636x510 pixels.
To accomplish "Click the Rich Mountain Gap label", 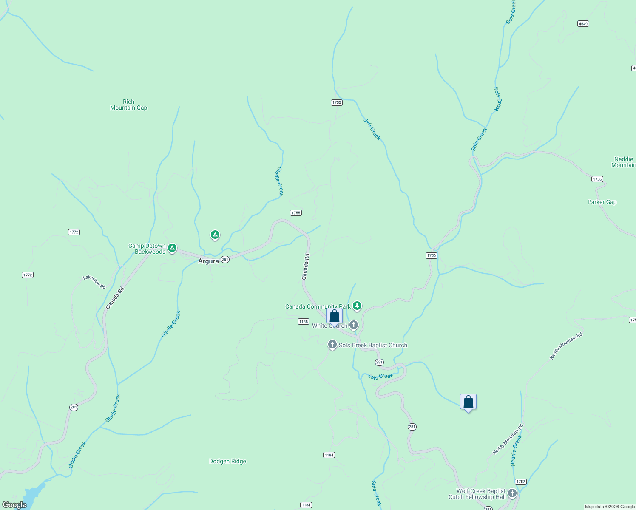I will click(128, 105).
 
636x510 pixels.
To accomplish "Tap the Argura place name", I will click(208, 261).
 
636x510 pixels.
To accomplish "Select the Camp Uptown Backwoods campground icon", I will click(172, 248).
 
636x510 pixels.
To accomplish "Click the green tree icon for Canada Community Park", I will click(357, 305).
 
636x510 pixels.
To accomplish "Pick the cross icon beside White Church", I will click(353, 326).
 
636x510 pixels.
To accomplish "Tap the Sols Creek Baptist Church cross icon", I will click(332, 345).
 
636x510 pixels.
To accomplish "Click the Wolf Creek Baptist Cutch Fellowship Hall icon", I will click(512, 493).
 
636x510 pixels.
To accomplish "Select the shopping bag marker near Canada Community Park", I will click(335, 316).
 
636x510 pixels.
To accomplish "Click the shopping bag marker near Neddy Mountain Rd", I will click(468, 402).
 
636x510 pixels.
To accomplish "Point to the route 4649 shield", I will click(583, 24).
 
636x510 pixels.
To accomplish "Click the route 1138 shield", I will click(303, 322).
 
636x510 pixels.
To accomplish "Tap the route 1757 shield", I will click(520, 482).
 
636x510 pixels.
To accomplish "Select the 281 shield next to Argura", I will click(225, 259).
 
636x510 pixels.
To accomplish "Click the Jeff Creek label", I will click(372, 129).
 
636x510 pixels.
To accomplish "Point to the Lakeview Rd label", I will click(94, 282).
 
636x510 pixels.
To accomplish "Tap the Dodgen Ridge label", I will click(227, 461).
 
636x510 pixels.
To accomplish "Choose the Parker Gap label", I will click(602, 202).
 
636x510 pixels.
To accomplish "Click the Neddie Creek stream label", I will click(516, 450).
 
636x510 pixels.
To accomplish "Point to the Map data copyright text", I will click(610, 507).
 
